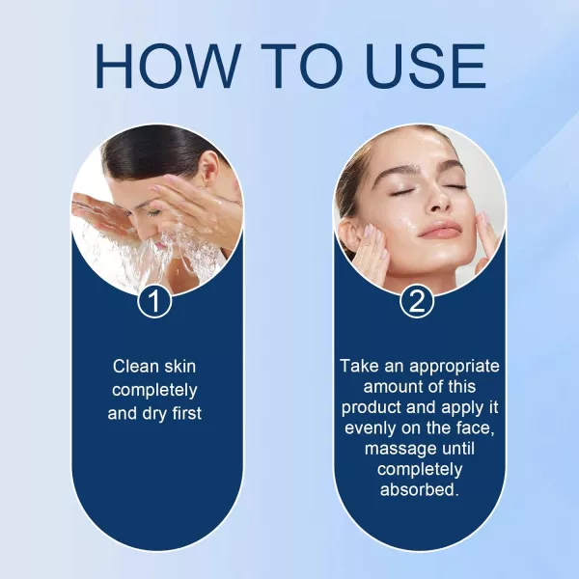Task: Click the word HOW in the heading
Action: [x=168, y=66]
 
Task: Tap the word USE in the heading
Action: [x=426, y=66]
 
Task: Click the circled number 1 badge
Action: [x=154, y=301]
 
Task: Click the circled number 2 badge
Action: [x=417, y=301]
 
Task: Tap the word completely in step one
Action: [x=154, y=390]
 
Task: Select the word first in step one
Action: [x=187, y=413]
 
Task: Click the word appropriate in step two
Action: [x=455, y=367]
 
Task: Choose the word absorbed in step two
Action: [x=419, y=489]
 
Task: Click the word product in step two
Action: [x=371, y=408]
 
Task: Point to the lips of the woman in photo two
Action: [x=439, y=230]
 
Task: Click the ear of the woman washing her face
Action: [x=209, y=171]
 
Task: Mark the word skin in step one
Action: [x=180, y=367]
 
